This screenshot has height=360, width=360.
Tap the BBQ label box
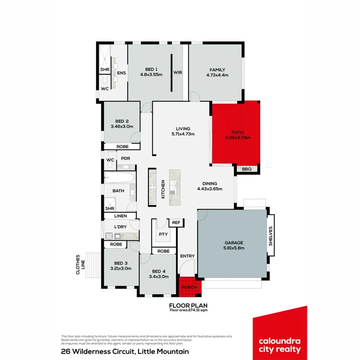[x=247, y=169]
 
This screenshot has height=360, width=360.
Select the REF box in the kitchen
[x=176, y=223]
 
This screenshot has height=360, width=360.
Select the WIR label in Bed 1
[x=178, y=73]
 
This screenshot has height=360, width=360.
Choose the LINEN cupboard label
[x=120, y=216]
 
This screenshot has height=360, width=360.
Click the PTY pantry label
[x=163, y=234]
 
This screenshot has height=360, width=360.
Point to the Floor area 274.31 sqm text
[x=188, y=310]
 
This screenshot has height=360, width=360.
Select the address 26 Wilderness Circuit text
[x=125, y=352]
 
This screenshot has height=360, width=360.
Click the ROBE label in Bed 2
[x=122, y=147]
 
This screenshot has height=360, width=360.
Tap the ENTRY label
[x=187, y=256]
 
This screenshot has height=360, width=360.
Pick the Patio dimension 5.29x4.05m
[x=237, y=138]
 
